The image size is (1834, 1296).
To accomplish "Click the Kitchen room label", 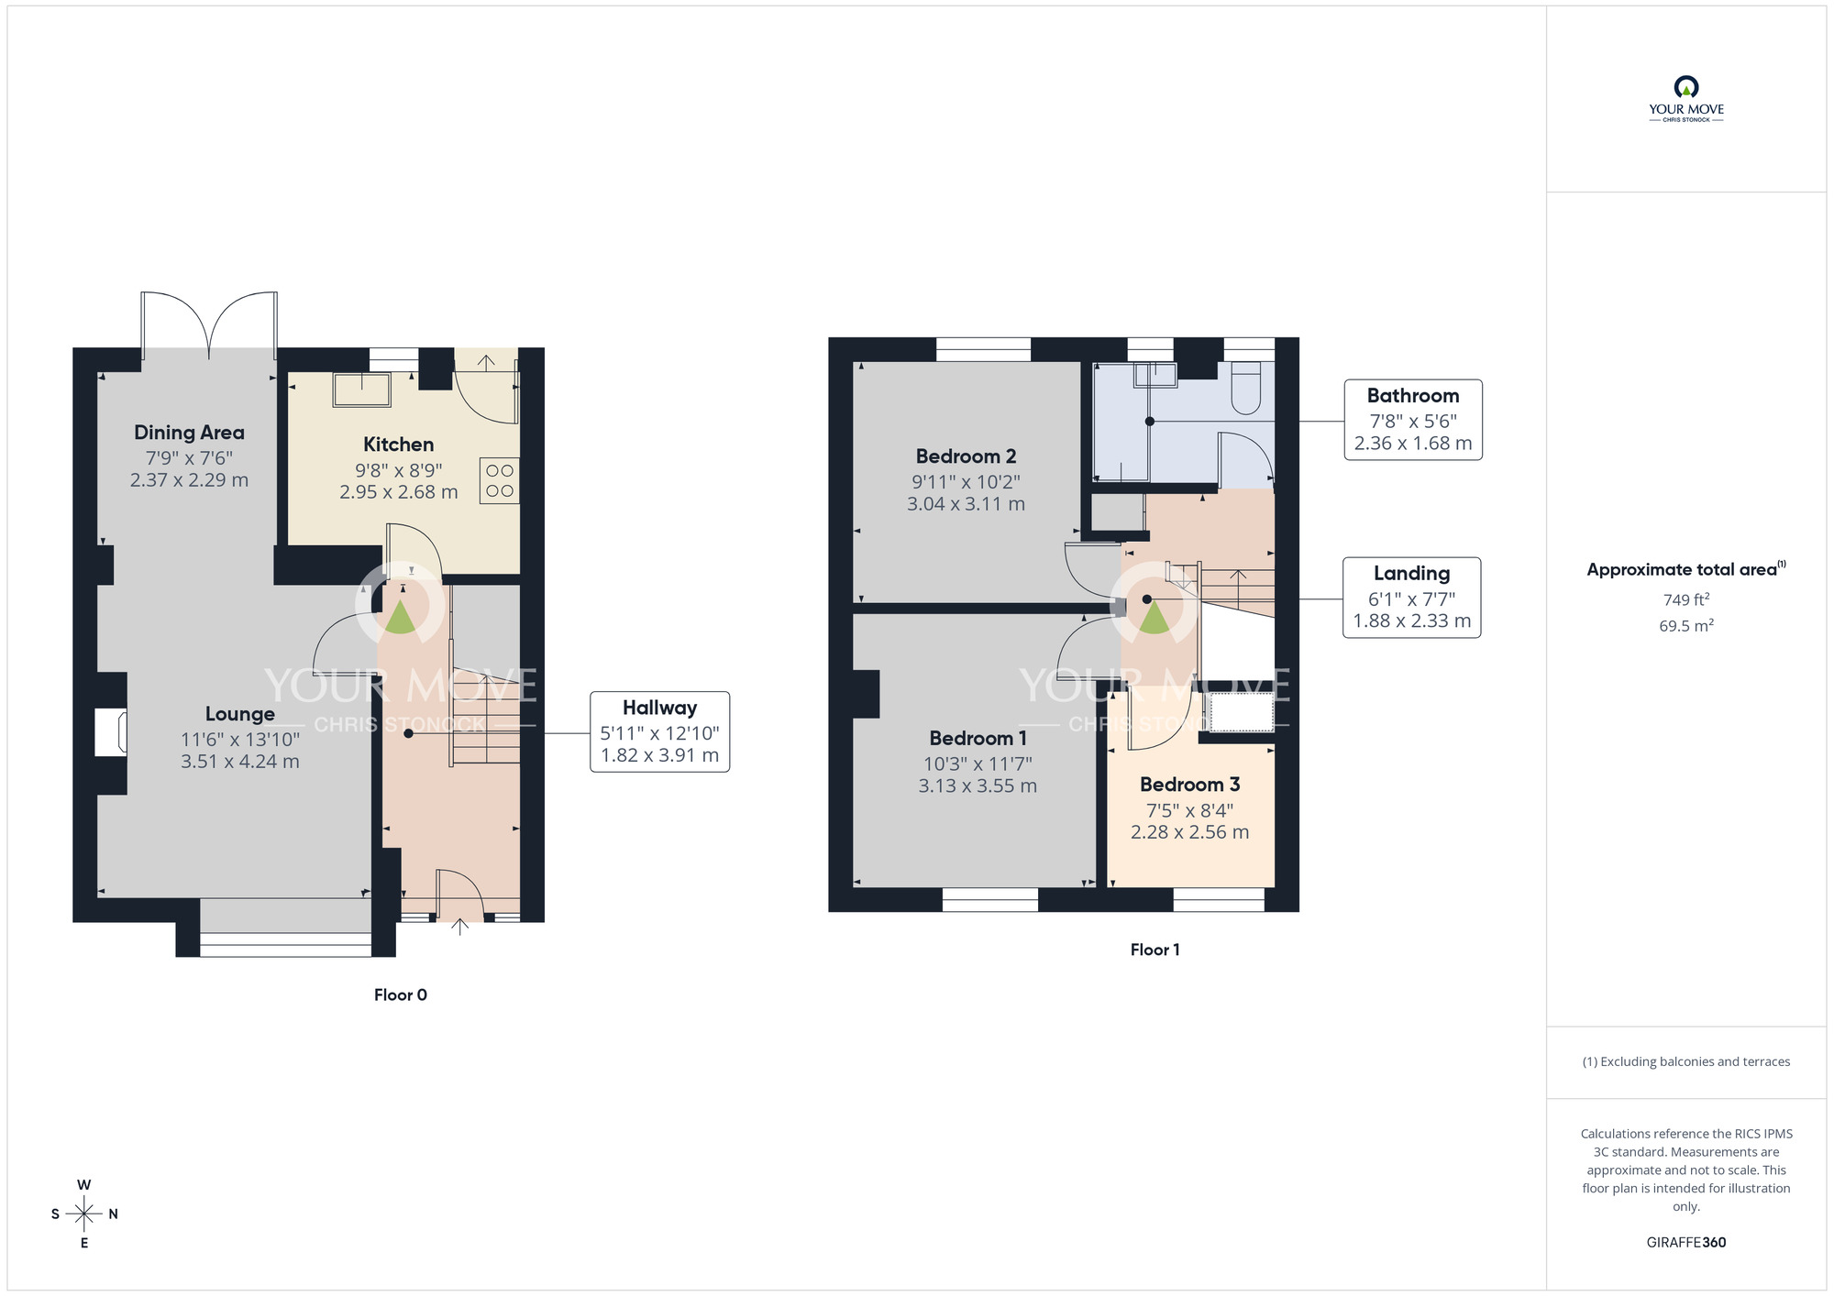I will pos(398,445).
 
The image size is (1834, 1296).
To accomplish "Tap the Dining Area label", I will pos(189,433).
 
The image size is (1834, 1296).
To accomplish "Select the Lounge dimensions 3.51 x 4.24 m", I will pos(240,762).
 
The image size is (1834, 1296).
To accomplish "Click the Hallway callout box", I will pos(659,731).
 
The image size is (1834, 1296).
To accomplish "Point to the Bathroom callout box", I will pos(1412,420).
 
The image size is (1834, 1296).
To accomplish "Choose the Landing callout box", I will pos(1411,598).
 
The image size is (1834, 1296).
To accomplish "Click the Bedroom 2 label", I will pos(966,456).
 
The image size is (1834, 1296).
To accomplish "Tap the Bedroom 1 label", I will pos(978,739).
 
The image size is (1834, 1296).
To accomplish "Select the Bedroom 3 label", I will pos(1189,785).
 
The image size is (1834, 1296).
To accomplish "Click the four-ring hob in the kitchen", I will pos(500,481).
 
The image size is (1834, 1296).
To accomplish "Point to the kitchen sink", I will pos(362,390).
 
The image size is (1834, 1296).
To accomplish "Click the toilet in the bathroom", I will pos(1247,389).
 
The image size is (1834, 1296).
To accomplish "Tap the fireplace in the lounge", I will pos(111,731).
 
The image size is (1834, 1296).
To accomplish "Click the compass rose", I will pos(84,1214).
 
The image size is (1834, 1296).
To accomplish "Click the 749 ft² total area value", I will pos(1685,600).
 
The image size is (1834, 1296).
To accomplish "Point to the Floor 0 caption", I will pos(401,995).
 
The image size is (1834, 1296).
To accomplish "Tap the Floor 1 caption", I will pos(1155,950).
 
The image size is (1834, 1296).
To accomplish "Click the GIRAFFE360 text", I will pos(1685,1243).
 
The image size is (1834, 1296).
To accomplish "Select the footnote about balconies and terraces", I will pos(1685,1062).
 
